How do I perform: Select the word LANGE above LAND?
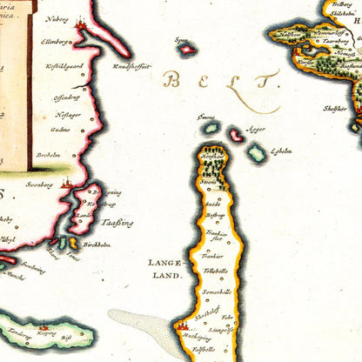click(164, 261)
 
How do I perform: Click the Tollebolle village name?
click(215, 271)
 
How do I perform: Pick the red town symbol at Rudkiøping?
click(184, 327)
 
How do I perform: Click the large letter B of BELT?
click(172, 83)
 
